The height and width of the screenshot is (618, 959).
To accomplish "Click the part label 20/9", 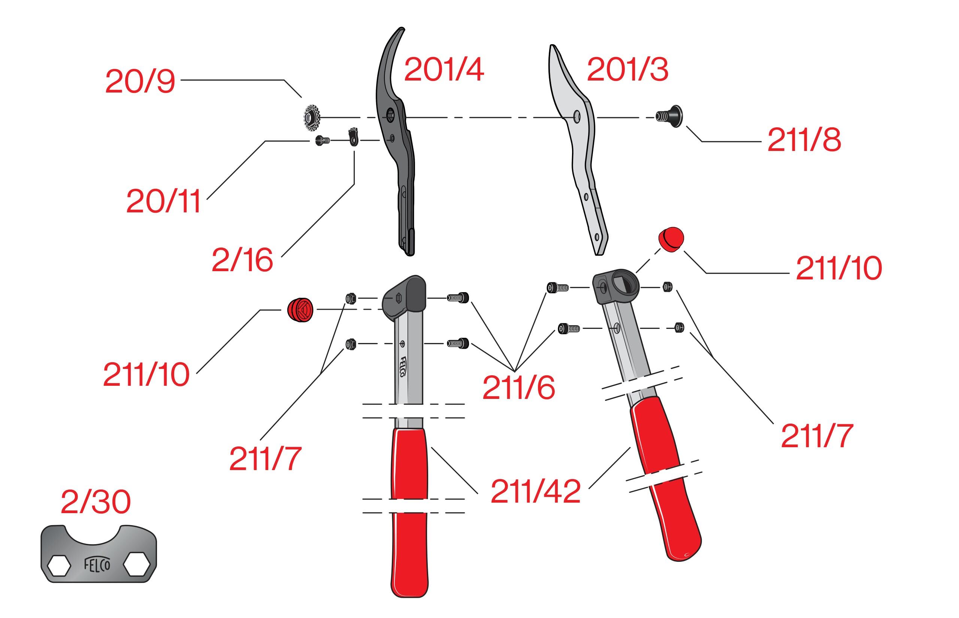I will (140, 82).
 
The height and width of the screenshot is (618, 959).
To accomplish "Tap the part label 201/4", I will (444, 69).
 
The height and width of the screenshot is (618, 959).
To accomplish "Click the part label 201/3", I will (627, 69).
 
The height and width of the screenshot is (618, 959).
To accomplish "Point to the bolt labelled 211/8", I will (669, 116).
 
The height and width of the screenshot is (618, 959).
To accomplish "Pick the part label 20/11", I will (163, 202).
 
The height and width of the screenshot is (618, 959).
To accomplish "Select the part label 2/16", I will (242, 260).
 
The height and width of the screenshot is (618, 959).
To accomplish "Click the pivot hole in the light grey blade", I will (577, 117).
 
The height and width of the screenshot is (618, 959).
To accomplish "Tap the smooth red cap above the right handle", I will (671, 239).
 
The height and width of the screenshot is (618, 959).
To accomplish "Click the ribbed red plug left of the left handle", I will (300, 310).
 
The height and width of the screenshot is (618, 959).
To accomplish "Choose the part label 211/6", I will (518, 388).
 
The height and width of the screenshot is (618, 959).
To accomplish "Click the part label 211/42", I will (535, 491).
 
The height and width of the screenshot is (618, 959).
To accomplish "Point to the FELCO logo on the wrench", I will (97, 565).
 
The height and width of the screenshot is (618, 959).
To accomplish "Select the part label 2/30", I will (96, 502).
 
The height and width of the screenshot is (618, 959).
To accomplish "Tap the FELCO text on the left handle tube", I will (403, 366).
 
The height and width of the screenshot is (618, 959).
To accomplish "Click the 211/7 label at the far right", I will (817, 436).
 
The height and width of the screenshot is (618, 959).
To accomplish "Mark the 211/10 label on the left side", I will (146, 375).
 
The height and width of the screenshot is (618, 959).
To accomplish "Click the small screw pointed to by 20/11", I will (322, 140).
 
